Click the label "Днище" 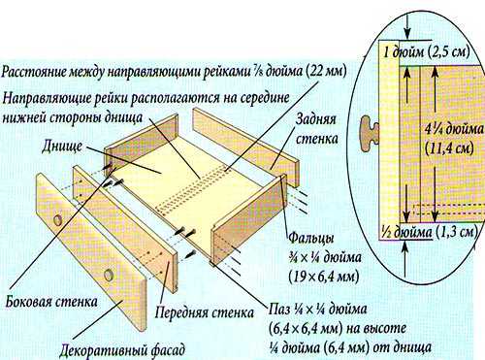pyautogui.click(x=62, y=147)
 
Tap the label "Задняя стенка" pyautogui.click(x=316, y=129)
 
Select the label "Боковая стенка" pyautogui.click(x=51, y=302)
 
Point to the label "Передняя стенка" pyautogui.click(x=205, y=312)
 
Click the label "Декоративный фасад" pyautogui.click(x=122, y=350)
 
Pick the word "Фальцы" pyautogui.click(x=311, y=239)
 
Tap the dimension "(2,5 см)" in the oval pyautogui.click(x=449, y=51)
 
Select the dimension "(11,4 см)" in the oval pyautogui.click(x=449, y=148)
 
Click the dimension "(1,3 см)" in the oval pyautogui.click(x=457, y=232)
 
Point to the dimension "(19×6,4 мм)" pyautogui.click(x=323, y=277)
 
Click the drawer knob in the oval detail pyautogui.click(x=370, y=133)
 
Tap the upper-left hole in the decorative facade pyautogui.click(x=58, y=220)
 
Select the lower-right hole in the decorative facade pyautogui.click(x=109, y=275)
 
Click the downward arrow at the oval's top pyautogui.click(x=407, y=27)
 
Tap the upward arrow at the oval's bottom pyautogui.click(x=405, y=258)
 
